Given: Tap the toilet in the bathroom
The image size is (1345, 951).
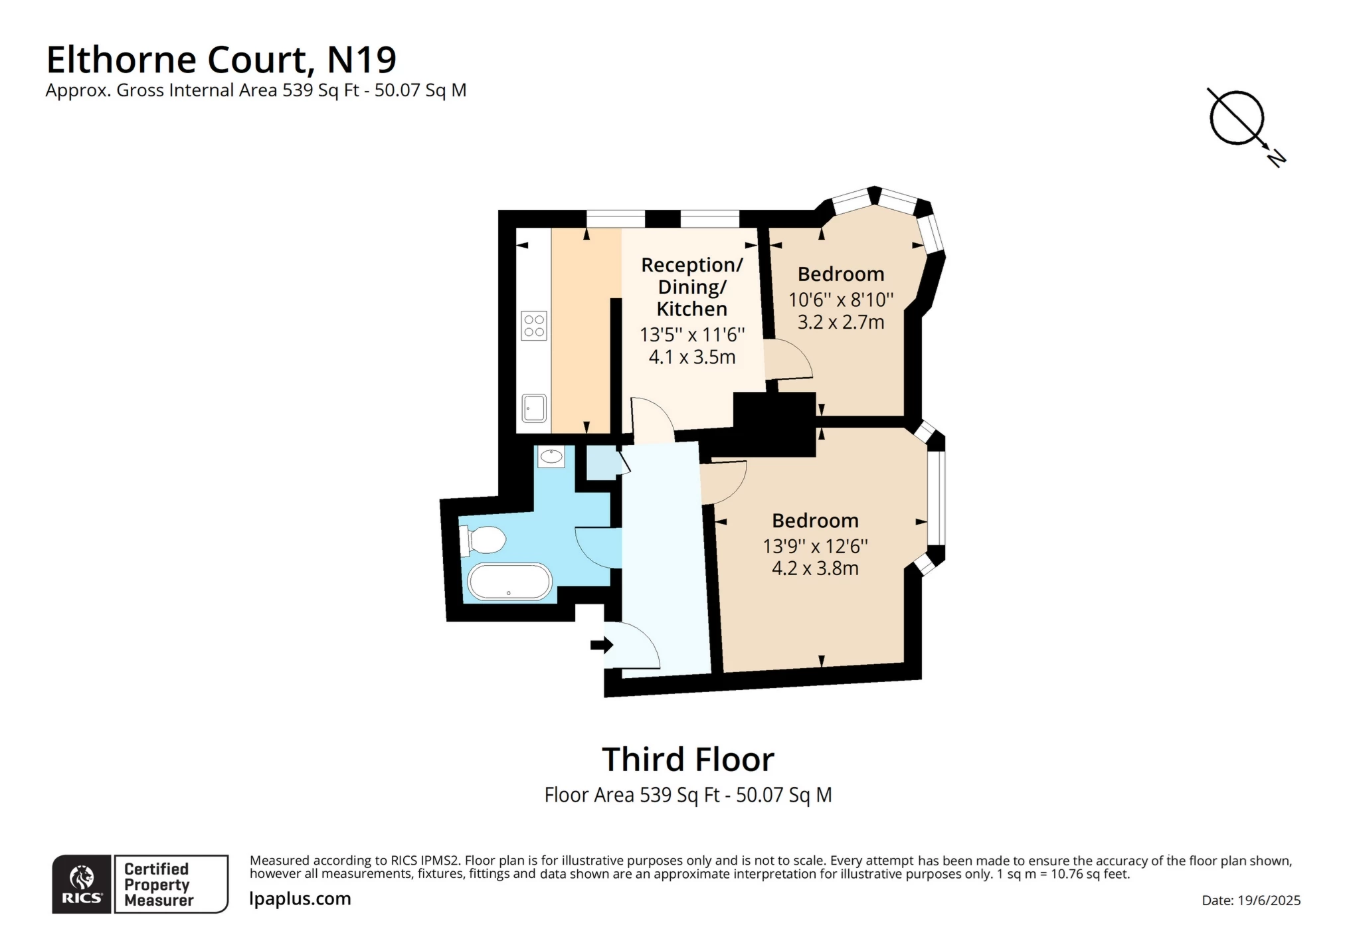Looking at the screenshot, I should pos(484,540).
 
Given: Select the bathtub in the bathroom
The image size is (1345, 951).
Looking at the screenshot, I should pos(509,582).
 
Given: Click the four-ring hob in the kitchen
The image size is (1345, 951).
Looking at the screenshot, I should pos(534,325).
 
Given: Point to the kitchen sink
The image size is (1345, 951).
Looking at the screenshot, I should pos(534,408).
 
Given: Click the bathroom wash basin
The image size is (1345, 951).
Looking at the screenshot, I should pos(551,456).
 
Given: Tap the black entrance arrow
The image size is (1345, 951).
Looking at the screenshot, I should pos(602,644).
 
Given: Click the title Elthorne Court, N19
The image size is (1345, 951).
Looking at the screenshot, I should pos(221,60).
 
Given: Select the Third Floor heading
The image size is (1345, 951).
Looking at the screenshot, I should pos(687,759).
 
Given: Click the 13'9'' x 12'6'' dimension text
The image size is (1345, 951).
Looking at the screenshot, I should pos(815,546).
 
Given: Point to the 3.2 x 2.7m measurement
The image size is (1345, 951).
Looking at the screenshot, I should pos(840,322).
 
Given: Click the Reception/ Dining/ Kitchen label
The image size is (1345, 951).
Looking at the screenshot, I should pos(691,287).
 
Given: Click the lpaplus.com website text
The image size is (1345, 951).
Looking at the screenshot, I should pos(300,899).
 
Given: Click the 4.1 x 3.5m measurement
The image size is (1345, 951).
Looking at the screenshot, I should pos(691,357).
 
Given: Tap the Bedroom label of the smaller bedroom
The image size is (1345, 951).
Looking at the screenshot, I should pos(840,274).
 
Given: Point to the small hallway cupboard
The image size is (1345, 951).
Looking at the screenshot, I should pos(602,462).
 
